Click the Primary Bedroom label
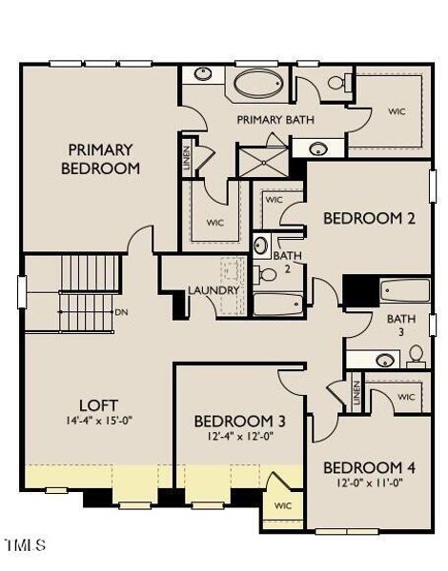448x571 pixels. (x=100, y=160)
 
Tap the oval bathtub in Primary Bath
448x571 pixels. (x=258, y=84)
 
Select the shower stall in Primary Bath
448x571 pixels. (x=263, y=162)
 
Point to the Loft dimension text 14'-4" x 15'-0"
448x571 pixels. (x=99, y=421)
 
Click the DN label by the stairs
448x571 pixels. (x=121, y=312)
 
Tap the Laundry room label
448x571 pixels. (x=214, y=290)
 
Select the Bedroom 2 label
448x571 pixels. (x=369, y=219)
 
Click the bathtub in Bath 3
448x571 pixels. (x=405, y=290)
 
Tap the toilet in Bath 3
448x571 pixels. (x=416, y=357)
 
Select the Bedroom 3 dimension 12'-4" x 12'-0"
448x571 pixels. (x=240, y=436)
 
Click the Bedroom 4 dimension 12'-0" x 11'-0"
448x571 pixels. (x=369, y=482)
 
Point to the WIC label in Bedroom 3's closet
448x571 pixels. (x=283, y=505)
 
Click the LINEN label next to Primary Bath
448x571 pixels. (x=187, y=159)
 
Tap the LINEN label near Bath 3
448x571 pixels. (x=356, y=392)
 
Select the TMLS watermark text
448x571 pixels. (x=26, y=544)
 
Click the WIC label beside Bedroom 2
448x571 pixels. (x=274, y=200)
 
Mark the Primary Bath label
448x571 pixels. (x=275, y=120)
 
